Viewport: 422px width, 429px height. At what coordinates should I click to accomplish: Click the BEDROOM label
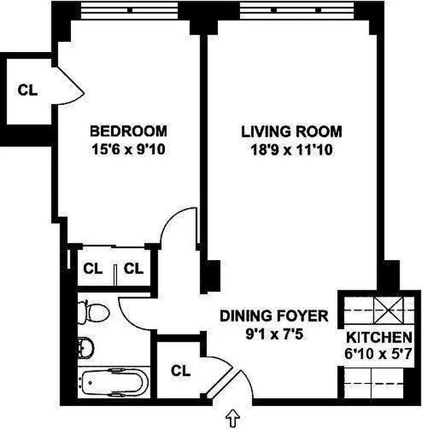[128, 131]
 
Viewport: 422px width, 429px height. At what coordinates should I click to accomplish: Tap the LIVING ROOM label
[291, 131]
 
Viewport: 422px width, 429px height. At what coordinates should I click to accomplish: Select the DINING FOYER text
[273, 315]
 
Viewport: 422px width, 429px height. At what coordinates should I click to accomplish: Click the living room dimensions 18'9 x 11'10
[292, 151]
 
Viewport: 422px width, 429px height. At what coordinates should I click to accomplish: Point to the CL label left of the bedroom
[28, 90]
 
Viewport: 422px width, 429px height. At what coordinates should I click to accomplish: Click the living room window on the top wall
[291, 10]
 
